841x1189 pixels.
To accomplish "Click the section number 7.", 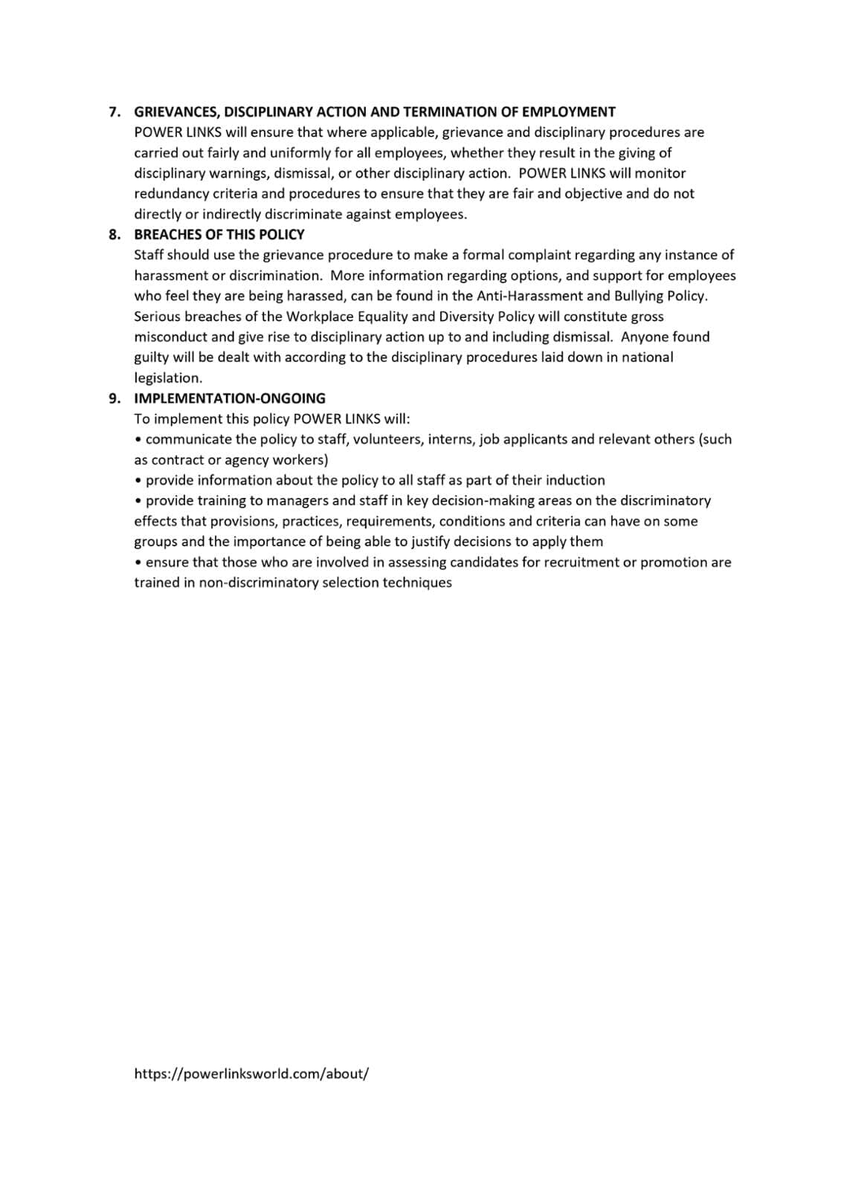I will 114,112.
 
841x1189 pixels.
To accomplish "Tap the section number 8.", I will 114,235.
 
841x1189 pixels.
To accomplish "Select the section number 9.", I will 114,398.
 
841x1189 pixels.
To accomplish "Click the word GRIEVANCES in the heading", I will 175,112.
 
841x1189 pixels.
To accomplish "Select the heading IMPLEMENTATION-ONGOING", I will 230,398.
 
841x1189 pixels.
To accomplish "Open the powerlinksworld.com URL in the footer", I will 251,1074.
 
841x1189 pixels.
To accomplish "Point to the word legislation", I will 167,378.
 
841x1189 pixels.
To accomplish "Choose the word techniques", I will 417,583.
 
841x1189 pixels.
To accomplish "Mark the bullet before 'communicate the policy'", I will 139,439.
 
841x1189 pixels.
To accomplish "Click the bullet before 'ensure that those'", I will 139,563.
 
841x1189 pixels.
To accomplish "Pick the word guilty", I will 151,357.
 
